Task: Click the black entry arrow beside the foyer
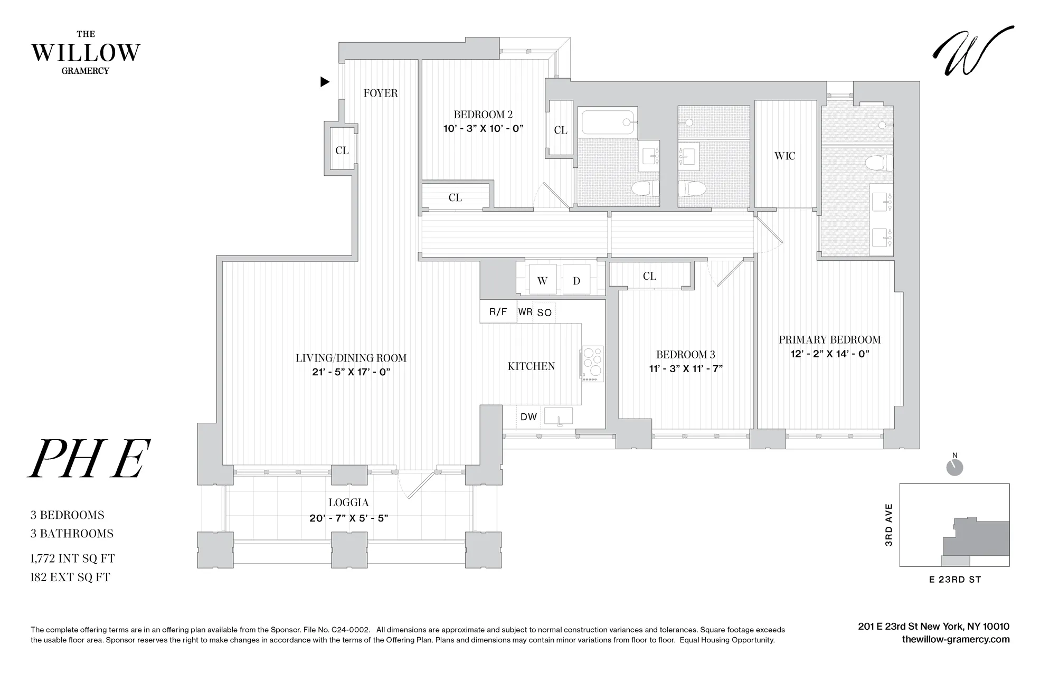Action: pos(325,82)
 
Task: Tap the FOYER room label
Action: pos(381,93)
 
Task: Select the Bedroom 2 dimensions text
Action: pos(483,128)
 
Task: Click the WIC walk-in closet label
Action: pos(784,156)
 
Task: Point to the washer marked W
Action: pos(542,281)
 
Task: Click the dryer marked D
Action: pos(576,281)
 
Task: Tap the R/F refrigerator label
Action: pos(498,312)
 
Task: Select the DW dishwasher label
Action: pos(528,417)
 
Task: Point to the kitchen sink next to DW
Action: pos(559,417)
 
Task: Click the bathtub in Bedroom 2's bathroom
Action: pos(607,122)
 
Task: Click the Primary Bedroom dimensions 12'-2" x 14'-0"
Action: pos(829,354)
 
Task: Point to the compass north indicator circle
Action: pos(954,467)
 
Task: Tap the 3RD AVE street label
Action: pos(889,525)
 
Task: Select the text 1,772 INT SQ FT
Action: pos(73,558)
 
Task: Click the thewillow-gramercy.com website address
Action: pos(956,640)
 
